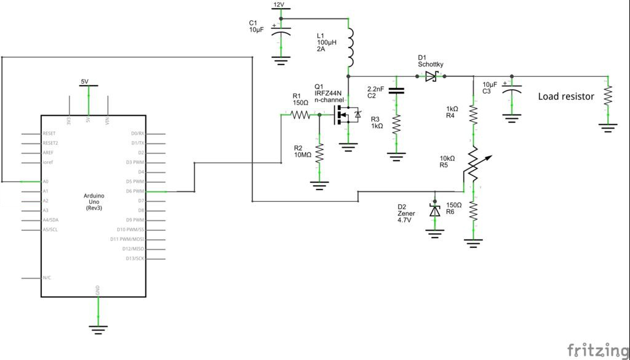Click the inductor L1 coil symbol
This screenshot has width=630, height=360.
point(349,48)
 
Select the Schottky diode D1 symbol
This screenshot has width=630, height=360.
point(430,76)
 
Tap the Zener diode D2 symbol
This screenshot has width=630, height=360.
point(435,210)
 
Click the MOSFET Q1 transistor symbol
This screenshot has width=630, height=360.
point(345,114)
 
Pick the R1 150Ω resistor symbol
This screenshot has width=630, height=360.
point(301,114)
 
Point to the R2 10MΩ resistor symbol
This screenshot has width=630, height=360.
point(319,153)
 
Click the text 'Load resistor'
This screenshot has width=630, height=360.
point(566,97)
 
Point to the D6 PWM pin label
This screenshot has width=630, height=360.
point(135,191)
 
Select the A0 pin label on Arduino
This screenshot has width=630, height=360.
point(46,182)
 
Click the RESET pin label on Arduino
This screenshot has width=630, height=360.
point(50,134)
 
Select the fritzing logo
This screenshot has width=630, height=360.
point(593,349)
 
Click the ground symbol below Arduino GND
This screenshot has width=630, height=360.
point(97,329)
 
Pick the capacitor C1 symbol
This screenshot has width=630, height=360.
point(281,31)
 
